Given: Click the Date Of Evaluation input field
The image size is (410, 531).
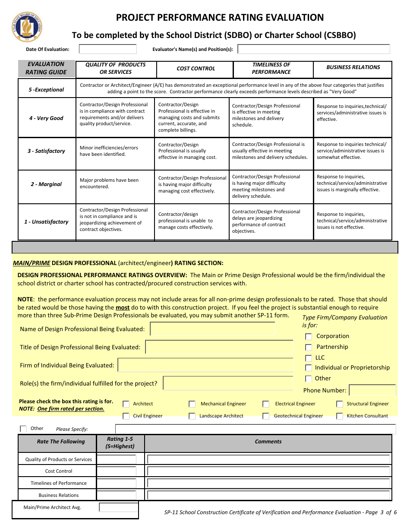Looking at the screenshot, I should pyautogui.click(x=107, y=49).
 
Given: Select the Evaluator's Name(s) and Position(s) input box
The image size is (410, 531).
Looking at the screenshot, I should pyautogui.click(x=313, y=49).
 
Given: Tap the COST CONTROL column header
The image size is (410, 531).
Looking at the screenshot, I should pyautogui.click(x=196, y=69).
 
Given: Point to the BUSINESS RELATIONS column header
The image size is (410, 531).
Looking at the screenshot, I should pyautogui.click(x=353, y=67).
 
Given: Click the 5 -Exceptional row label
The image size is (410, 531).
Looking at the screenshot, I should pyautogui.click(x=47, y=90).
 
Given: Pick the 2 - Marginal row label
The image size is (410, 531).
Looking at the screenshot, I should pyautogui.click(x=46, y=184).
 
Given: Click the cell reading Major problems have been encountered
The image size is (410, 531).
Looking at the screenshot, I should pyautogui.click(x=109, y=183).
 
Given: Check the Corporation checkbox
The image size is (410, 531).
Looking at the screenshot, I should pyautogui.click(x=309, y=337).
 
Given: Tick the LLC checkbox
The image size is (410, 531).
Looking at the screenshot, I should pyautogui.click(x=309, y=358).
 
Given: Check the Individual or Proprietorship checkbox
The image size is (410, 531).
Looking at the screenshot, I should pyautogui.click(x=309, y=368).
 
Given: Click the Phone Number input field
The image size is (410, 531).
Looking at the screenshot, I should pyautogui.click(x=372, y=390).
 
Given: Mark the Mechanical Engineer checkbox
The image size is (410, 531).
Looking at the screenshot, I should pyautogui.click(x=192, y=404).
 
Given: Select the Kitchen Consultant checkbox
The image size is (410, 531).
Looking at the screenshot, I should pyautogui.click(x=340, y=416).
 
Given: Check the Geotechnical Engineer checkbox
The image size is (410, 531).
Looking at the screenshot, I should pyautogui.click(x=266, y=416).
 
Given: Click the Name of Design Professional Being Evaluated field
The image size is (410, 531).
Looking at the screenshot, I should pyautogui.click(x=212, y=329).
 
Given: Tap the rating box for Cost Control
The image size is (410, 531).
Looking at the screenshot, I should pyautogui.click(x=117, y=471).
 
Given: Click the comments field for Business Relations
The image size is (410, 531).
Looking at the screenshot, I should pyautogui.click(x=268, y=495).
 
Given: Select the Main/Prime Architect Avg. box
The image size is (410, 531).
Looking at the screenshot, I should pyautogui.click(x=118, y=508).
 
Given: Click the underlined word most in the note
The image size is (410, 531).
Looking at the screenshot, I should pyautogui.click(x=123, y=308).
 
